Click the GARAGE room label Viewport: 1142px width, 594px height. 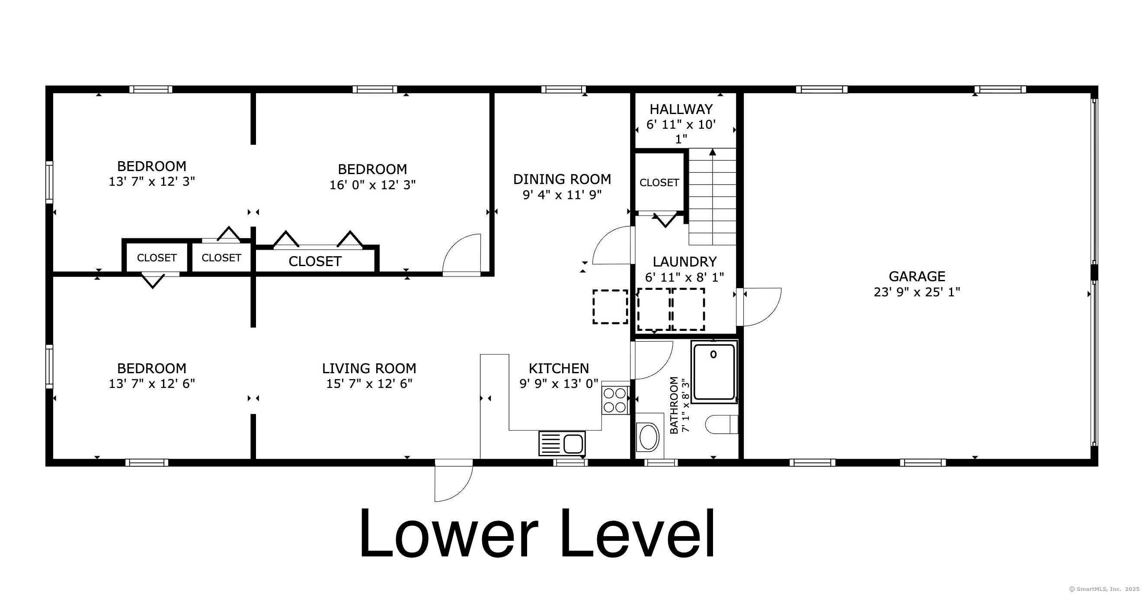click(917, 276)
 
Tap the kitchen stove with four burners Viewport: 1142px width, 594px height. click(615, 400)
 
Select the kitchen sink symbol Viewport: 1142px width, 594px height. click(562, 443)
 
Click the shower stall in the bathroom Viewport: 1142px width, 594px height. click(714, 372)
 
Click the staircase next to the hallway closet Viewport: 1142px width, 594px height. click(712, 197)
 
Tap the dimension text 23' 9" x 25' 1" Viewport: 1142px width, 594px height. click(917, 292)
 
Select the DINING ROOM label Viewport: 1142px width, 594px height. click(562, 179)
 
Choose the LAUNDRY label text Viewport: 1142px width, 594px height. click(685, 262)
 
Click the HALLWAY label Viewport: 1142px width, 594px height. click(681, 109)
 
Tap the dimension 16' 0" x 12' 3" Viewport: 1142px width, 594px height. click(372, 185)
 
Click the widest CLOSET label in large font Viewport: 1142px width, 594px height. click(315, 261)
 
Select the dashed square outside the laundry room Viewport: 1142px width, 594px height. click(610, 307)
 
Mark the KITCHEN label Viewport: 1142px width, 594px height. click(559, 368)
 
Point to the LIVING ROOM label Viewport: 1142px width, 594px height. click(369, 368)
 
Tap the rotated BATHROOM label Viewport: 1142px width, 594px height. click(674, 405)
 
